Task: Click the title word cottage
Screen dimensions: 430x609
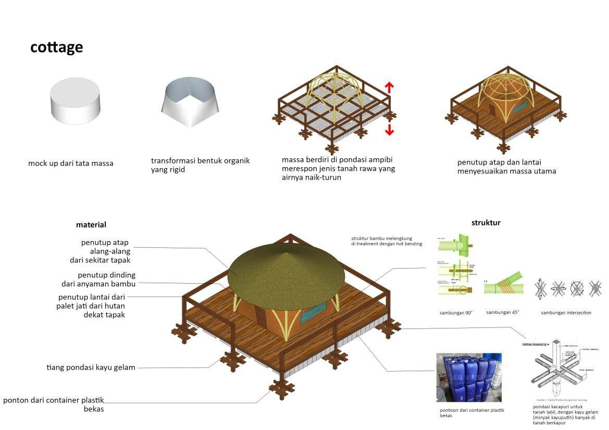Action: pos(56,47)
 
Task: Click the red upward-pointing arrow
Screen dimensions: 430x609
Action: pos(390,87)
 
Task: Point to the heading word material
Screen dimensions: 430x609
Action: pos(91,225)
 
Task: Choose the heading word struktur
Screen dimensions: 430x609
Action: pos(486,223)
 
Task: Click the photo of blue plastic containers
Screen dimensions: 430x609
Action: pos(469,377)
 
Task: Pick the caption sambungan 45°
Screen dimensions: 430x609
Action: pos(502,312)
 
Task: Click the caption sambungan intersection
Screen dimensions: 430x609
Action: pos(566,312)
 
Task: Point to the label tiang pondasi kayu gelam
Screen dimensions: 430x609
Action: pos(91,368)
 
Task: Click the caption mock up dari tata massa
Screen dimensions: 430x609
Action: pos(71,163)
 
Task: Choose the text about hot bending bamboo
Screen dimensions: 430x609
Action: pos(387,241)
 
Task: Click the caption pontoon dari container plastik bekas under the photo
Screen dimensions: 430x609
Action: pos(472,413)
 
